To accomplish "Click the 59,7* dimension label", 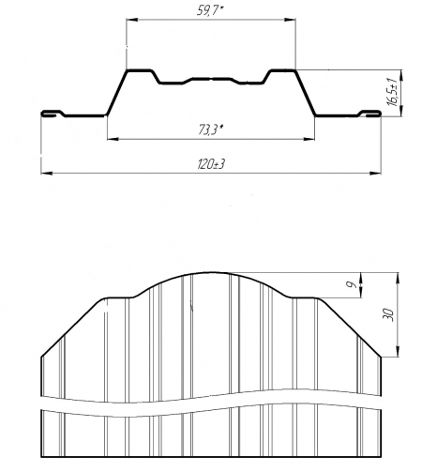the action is [210, 10].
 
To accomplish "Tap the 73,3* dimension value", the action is [211, 129].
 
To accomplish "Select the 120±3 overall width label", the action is [211, 164].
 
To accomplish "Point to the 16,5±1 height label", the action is [392, 91].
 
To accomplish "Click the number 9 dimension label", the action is [352, 284].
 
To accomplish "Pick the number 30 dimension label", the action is [387, 314].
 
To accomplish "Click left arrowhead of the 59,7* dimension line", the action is [131, 20].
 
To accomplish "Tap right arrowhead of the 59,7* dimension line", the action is [290, 20].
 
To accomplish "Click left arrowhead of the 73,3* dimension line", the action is [113, 138].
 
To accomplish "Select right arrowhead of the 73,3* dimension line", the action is [309, 138].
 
